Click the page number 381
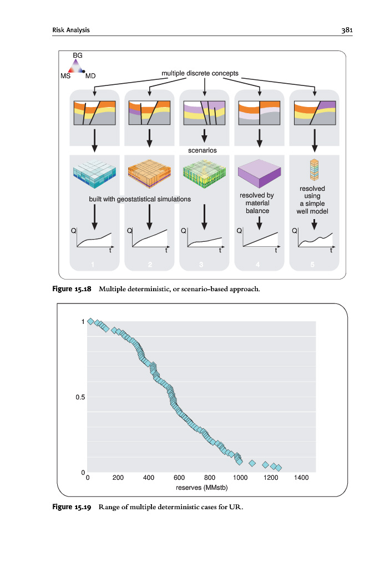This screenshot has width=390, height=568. [x=347, y=29]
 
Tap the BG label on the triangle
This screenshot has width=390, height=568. [x=78, y=55]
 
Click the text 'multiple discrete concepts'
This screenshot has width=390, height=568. [x=200, y=73]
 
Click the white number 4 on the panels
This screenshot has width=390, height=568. [x=258, y=264]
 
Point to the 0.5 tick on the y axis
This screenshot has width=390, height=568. [x=80, y=397]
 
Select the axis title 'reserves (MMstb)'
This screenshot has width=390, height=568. [x=201, y=488]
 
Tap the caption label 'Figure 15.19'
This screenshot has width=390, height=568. [x=71, y=506]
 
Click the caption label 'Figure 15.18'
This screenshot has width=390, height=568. [x=71, y=289]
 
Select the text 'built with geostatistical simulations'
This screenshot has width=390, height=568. [x=140, y=199]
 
